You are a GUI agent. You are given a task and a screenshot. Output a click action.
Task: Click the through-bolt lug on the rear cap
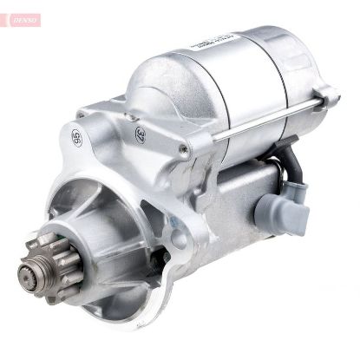(x=325, y=95)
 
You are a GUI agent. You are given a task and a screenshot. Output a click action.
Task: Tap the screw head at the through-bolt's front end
(x=184, y=148)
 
